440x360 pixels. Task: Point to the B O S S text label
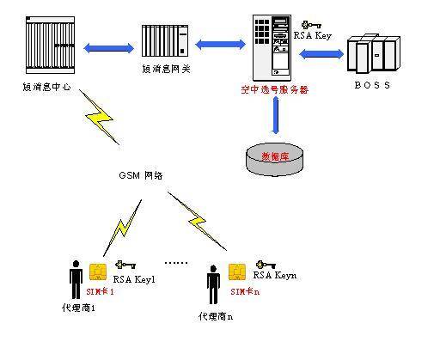click(372, 85)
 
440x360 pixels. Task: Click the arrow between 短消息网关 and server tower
click(220, 40)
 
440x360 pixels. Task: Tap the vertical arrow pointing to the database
click(275, 116)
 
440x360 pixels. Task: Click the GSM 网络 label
click(141, 175)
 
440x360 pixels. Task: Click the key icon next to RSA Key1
click(126, 265)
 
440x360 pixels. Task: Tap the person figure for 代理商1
click(76, 279)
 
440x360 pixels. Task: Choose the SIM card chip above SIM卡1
click(99, 272)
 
